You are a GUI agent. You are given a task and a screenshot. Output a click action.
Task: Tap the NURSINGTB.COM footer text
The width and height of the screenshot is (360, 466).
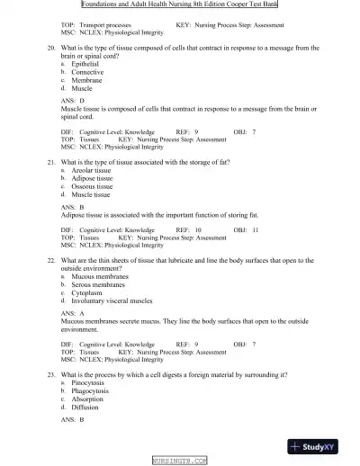[x=180, y=460]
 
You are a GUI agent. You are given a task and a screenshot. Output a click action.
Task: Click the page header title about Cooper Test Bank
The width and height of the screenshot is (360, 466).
[x=180, y=4]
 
